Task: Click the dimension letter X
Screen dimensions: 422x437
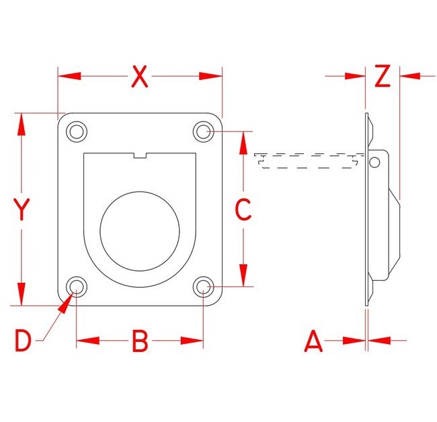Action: point(139,77)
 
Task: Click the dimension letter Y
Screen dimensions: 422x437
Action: point(22,210)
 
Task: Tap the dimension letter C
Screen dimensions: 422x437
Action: point(243,210)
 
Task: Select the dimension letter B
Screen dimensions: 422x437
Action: point(139,341)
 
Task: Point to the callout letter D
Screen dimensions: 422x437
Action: point(24,341)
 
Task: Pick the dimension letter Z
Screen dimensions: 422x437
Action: point(382,77)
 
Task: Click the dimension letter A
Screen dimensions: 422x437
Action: point(313,341)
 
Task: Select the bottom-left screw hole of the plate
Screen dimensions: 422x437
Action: point(77,288)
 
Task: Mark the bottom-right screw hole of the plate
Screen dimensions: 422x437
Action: point(203,288)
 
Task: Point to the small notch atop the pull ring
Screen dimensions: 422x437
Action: point(140,157)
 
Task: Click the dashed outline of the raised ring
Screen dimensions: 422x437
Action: point(306,161)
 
